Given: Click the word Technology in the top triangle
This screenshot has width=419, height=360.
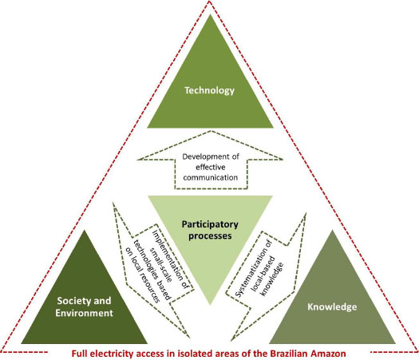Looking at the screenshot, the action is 209,91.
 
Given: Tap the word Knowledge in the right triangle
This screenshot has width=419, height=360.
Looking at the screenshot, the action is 332,307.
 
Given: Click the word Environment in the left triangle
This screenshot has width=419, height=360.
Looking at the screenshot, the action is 84,313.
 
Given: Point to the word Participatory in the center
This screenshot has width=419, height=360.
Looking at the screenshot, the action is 210,224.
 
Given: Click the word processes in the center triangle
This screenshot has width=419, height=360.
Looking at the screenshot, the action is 210,236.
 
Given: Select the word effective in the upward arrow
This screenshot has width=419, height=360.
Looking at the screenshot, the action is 211,168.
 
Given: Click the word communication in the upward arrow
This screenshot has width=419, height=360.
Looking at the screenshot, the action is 211,178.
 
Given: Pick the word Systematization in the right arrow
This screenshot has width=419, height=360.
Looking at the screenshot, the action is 253,268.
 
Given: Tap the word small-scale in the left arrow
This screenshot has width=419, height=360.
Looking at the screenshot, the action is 160,265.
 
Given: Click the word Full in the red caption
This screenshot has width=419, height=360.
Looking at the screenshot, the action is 79,354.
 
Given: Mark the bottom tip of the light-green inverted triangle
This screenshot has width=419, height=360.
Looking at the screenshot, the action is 210,305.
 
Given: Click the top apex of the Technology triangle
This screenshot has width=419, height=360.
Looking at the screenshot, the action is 211,14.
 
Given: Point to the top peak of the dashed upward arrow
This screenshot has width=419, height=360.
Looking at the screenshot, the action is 211,131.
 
